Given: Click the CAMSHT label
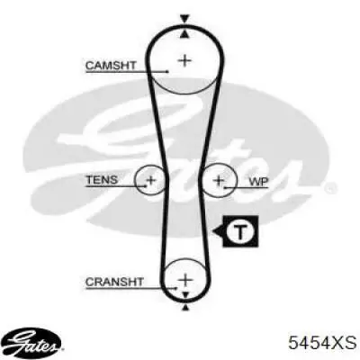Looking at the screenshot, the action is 111,66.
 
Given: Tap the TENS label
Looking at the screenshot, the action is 102,180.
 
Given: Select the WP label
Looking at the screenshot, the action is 259,182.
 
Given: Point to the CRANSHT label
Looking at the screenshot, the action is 114,282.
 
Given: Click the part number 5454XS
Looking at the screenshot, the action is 322,342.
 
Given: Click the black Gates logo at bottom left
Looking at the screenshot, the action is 33,342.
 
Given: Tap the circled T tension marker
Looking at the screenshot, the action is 240,231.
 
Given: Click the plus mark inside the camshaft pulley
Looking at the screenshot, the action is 184,61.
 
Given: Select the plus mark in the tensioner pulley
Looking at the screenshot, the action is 150,180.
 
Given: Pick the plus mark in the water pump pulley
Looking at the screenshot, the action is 219,180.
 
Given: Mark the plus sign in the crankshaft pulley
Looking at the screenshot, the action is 185,280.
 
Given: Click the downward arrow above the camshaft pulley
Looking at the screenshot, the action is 184,19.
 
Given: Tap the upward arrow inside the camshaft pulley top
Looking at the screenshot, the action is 184,34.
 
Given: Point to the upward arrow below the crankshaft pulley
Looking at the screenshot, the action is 185,307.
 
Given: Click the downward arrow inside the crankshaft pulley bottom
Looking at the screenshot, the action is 185,294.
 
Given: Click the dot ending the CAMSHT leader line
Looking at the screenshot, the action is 167,71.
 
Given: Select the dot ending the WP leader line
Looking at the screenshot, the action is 225,188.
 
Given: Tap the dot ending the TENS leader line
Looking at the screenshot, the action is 146,186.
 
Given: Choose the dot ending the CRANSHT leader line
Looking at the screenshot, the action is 176,288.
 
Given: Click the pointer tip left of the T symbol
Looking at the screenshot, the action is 212,231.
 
